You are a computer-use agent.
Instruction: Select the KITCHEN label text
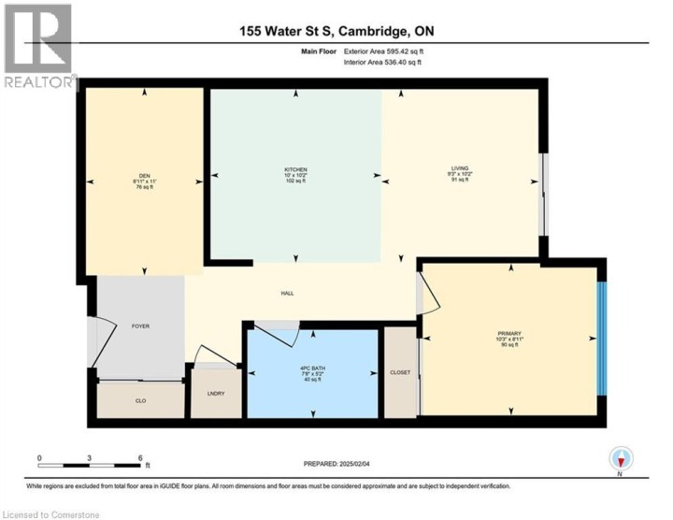(296, 168)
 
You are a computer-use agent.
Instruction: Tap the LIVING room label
(459, 168)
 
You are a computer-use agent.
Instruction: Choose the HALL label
(288, 294)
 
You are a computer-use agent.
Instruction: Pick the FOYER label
(140, 326)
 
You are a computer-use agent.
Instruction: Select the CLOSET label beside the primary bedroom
(400, 372)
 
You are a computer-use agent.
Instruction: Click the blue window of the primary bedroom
(603, 339)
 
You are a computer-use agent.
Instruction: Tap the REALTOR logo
(38, 46)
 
